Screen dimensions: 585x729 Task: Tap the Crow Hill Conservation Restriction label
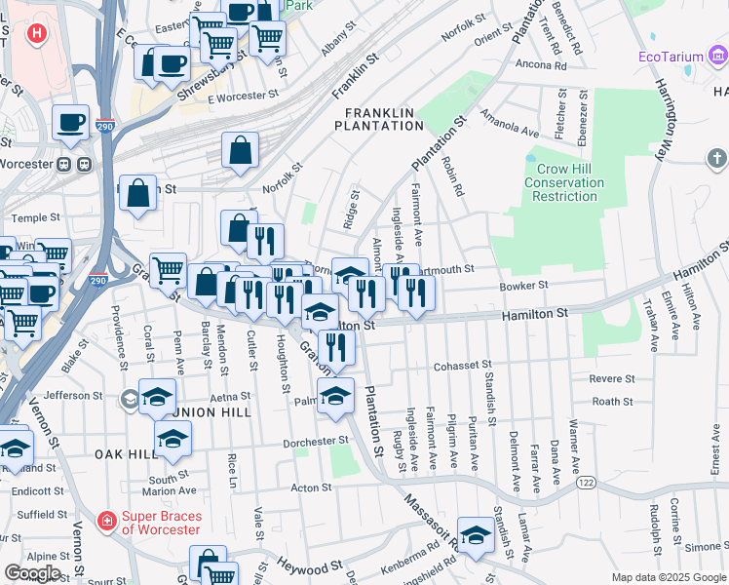[x=565, y=182]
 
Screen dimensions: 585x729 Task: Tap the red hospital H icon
[x=37, y=34]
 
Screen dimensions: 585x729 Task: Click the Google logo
[x=32, y=573]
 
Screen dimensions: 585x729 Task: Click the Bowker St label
[x=525, y=286]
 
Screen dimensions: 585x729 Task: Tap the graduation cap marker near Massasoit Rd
[x=476, y=535]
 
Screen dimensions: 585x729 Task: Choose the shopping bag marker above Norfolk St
[x=240, y=150]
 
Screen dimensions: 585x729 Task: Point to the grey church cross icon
[x=716, y=158]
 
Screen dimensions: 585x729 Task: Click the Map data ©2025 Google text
[x=668, y=577]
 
